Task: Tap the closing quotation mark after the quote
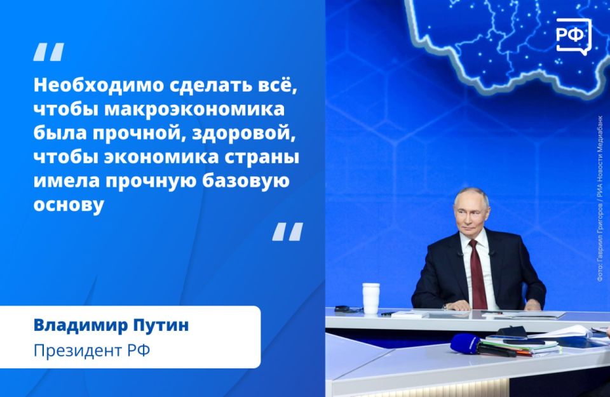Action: (287, 232)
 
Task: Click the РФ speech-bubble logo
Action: (571, 36)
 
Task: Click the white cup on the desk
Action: (370, 298)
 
